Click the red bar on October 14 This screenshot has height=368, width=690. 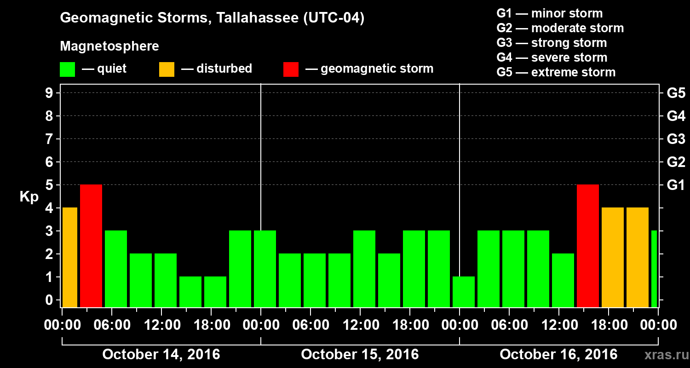(91, 246)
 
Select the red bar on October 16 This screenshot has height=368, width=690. (588, 246)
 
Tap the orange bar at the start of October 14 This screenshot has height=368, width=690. (69, 257)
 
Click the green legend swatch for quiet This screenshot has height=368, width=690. (67, 69)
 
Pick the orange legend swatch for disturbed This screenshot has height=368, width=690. (167, 69)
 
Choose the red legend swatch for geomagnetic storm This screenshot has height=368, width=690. (291, 69)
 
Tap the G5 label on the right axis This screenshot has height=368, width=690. (676, 93)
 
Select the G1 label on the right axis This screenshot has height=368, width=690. (676, 185)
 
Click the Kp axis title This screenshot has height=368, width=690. (29, 197)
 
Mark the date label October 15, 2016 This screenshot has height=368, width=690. (360, 355)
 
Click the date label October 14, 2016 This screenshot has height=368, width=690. (161, 355)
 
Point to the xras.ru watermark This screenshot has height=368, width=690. (663, 355)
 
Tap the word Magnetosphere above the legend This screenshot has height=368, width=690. (109, 46)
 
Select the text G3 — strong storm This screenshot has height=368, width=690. (552, 43)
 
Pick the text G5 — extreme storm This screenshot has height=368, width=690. (556, 72)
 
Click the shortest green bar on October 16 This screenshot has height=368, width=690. (464, 292)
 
